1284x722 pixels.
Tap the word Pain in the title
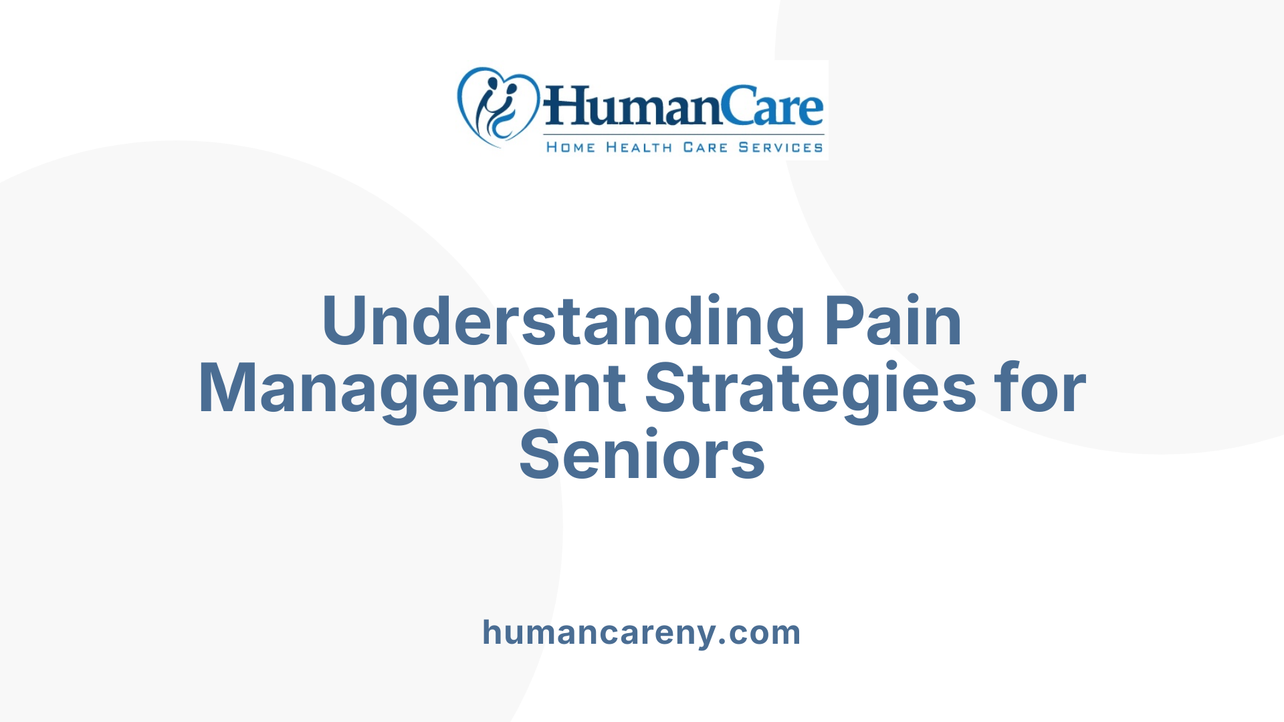(893, 321)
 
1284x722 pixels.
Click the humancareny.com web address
(641, 632)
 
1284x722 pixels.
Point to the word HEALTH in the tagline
(639, 147)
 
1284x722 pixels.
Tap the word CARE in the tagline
(705, 147)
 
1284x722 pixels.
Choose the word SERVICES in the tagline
(780, 147)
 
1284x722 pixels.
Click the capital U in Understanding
(345, 321)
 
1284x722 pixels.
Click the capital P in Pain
(844, 321)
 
